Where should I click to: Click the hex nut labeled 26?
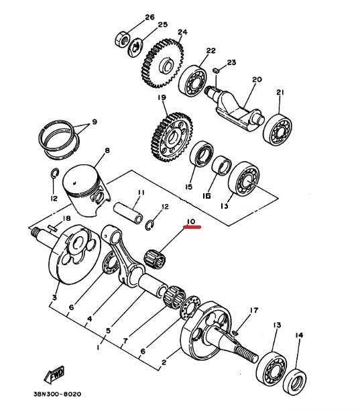(122, 40)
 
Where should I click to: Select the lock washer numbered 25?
(136, 48)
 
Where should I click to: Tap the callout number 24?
(182, 32)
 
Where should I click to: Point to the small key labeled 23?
(216, 70)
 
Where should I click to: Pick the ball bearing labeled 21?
(278, 130)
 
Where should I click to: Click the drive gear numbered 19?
(172, 137)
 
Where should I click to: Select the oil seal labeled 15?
(201, 154)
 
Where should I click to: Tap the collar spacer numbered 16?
(222, 166)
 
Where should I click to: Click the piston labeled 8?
(85, 190)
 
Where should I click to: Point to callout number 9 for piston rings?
(94, 122)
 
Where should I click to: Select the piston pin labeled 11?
(128, 213)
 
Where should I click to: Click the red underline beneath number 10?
(192, 227)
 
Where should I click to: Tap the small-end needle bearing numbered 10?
(155, 258)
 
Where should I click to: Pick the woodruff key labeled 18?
(52, 228)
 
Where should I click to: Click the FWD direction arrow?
(54, 375)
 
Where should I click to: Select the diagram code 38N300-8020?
(58, 394)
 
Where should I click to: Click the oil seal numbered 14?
(295, 382)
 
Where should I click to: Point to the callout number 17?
(254, 311)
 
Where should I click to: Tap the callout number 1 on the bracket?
(98, 348)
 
